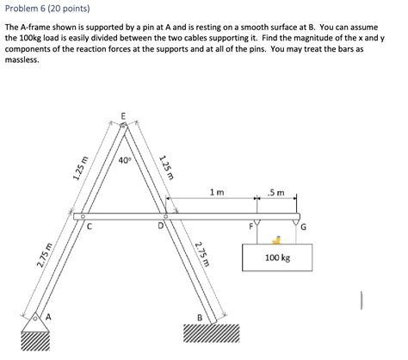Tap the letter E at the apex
pos(123,115)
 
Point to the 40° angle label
pos(125,160)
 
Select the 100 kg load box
pos(278,258)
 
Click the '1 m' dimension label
pos(217,193)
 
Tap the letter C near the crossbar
pos(90,227)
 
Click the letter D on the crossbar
pos(160,227)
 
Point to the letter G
pos(303,227)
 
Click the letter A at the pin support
pos(48,317)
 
